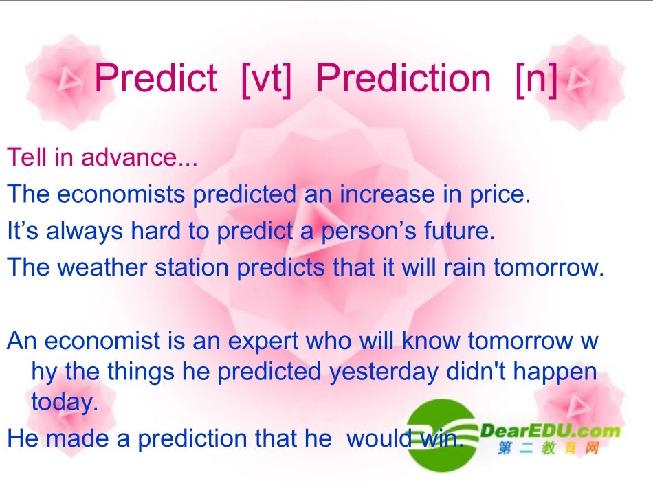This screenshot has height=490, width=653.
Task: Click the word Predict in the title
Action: (155, 78)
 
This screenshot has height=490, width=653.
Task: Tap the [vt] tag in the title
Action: (266, 80)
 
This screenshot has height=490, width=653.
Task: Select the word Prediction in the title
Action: (403, 78)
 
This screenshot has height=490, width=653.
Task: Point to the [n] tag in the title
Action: (536, 80)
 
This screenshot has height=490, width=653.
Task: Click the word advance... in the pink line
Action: (139, 157)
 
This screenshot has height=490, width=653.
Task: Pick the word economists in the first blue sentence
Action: (121, 194)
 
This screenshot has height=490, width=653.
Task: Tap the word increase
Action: (387, 194)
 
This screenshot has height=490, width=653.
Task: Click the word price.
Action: (500, 195)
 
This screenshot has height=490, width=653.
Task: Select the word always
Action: (85, 232)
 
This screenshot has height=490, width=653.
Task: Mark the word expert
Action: (263, 342)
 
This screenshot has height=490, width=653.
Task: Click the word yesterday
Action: (384, 372)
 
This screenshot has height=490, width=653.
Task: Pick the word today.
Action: (65, 402)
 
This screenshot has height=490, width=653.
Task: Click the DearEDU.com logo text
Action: (550, 430)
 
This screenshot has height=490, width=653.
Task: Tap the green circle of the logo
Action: (441, 435)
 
